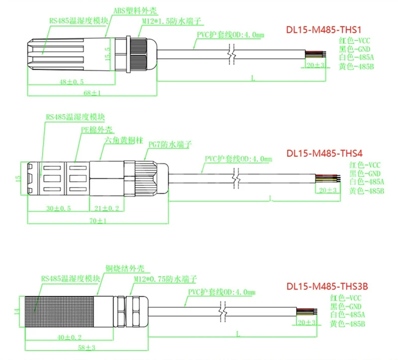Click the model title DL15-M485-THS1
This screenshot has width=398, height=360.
click(324, 30)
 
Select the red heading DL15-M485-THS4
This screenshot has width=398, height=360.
click(324, 153)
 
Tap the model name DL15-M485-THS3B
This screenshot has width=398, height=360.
click(327, 286)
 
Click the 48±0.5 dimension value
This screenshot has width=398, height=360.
click(71, 82)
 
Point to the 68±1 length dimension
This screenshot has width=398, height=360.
click(92, 93)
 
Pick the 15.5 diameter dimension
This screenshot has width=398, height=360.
click(107, 54)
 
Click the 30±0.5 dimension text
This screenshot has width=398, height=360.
click(58, 208)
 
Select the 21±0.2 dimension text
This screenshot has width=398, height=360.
click(106, 208)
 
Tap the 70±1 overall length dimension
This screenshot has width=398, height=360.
click(98, 221)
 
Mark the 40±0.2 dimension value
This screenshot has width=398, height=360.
click(69, 338)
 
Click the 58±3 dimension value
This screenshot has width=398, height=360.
click(87, 347)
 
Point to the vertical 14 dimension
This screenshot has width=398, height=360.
click(17, 311)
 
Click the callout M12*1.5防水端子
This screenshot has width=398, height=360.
click(171, 21)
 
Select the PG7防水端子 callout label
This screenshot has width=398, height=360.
click(170, 144)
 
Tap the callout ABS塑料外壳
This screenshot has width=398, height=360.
click(135, 10)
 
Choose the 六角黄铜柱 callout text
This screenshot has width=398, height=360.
click(124, 140)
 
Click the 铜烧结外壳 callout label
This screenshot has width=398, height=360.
click(125, 268)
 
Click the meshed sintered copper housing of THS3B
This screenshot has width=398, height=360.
click(59, 312)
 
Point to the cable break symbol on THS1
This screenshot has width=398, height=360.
click(231, 54)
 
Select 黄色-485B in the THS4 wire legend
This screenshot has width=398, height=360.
click(367, 191)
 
